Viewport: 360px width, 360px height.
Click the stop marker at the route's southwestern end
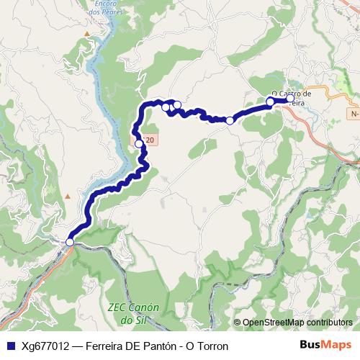point(70,243)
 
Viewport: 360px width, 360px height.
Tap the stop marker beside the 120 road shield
point(139,144)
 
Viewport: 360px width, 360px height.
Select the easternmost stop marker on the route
point(290,99)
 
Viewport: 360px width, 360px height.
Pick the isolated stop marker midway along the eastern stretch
point(230,120)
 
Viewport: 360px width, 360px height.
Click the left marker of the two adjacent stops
point(166,107)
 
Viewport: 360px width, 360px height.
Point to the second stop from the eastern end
point(271,102)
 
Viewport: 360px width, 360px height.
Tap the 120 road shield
point(147,138)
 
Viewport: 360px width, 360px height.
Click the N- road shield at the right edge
point(354,114)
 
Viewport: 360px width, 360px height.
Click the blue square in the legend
point(9,346)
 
